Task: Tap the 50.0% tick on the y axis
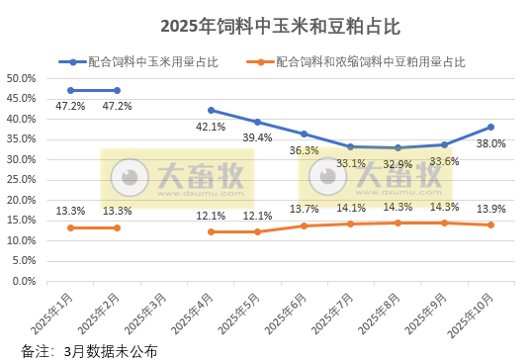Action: [x=21, y=78]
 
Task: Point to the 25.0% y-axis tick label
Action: [x=21, y=180]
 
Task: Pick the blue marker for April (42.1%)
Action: [x=211, y=110]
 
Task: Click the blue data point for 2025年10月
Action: [x=490, y=127]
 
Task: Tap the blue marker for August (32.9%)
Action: [x=398, y=147]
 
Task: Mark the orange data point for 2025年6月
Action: [x=304, y=225]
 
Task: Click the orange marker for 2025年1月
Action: [x=70, y=227]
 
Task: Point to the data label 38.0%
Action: [x=490, y=142]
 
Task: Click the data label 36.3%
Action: [x=304, y=150]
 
